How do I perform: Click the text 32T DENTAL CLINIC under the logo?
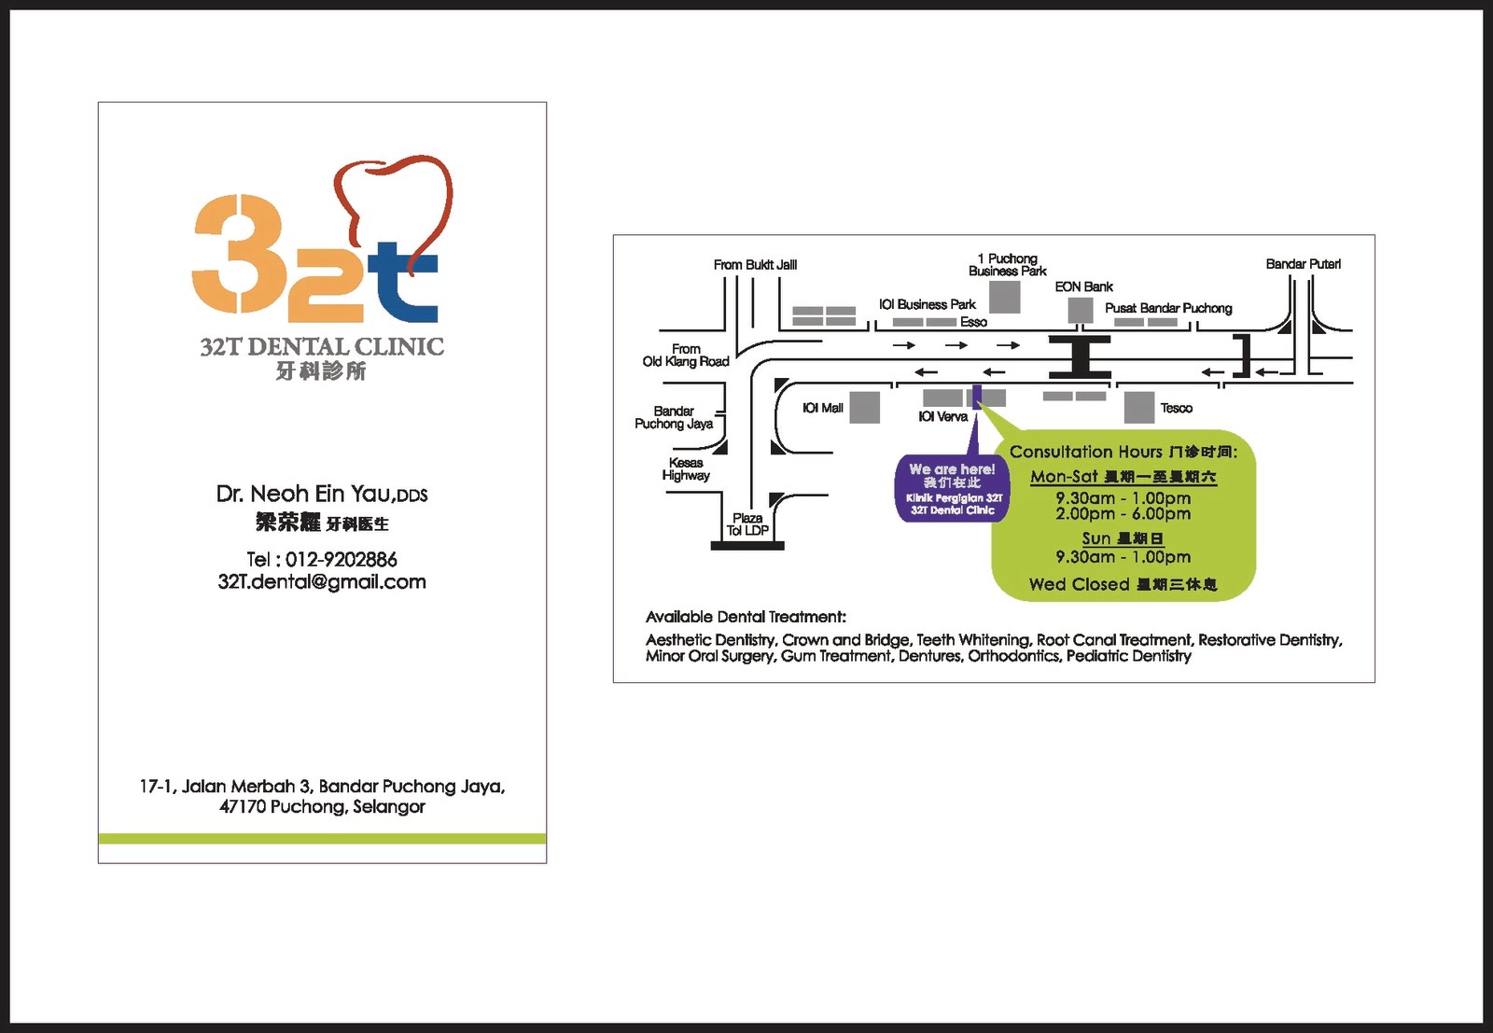click(x=322, y=347)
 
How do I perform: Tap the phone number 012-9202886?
click(x=341, y=560)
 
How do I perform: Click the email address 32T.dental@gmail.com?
click(x=322, y=582)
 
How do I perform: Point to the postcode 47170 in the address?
click(x=243, y=807)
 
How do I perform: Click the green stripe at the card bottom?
click(x=322, y=838)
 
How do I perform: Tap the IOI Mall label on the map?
click(x=822, y=408)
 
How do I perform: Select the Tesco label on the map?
click(x=1176, y=408)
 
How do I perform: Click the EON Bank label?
click(x=1083, y=286)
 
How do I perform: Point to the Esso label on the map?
click(x=973, y=322)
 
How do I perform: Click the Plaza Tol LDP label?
click(x=747, y=524)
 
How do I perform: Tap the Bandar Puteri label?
click(x=1303, y=264)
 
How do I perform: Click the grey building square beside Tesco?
click(x=1138, y=408)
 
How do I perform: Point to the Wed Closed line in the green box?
click(x=1123, y=585)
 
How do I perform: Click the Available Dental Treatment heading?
click(x=746, y=617)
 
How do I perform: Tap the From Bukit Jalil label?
click(x=755, y=265)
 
